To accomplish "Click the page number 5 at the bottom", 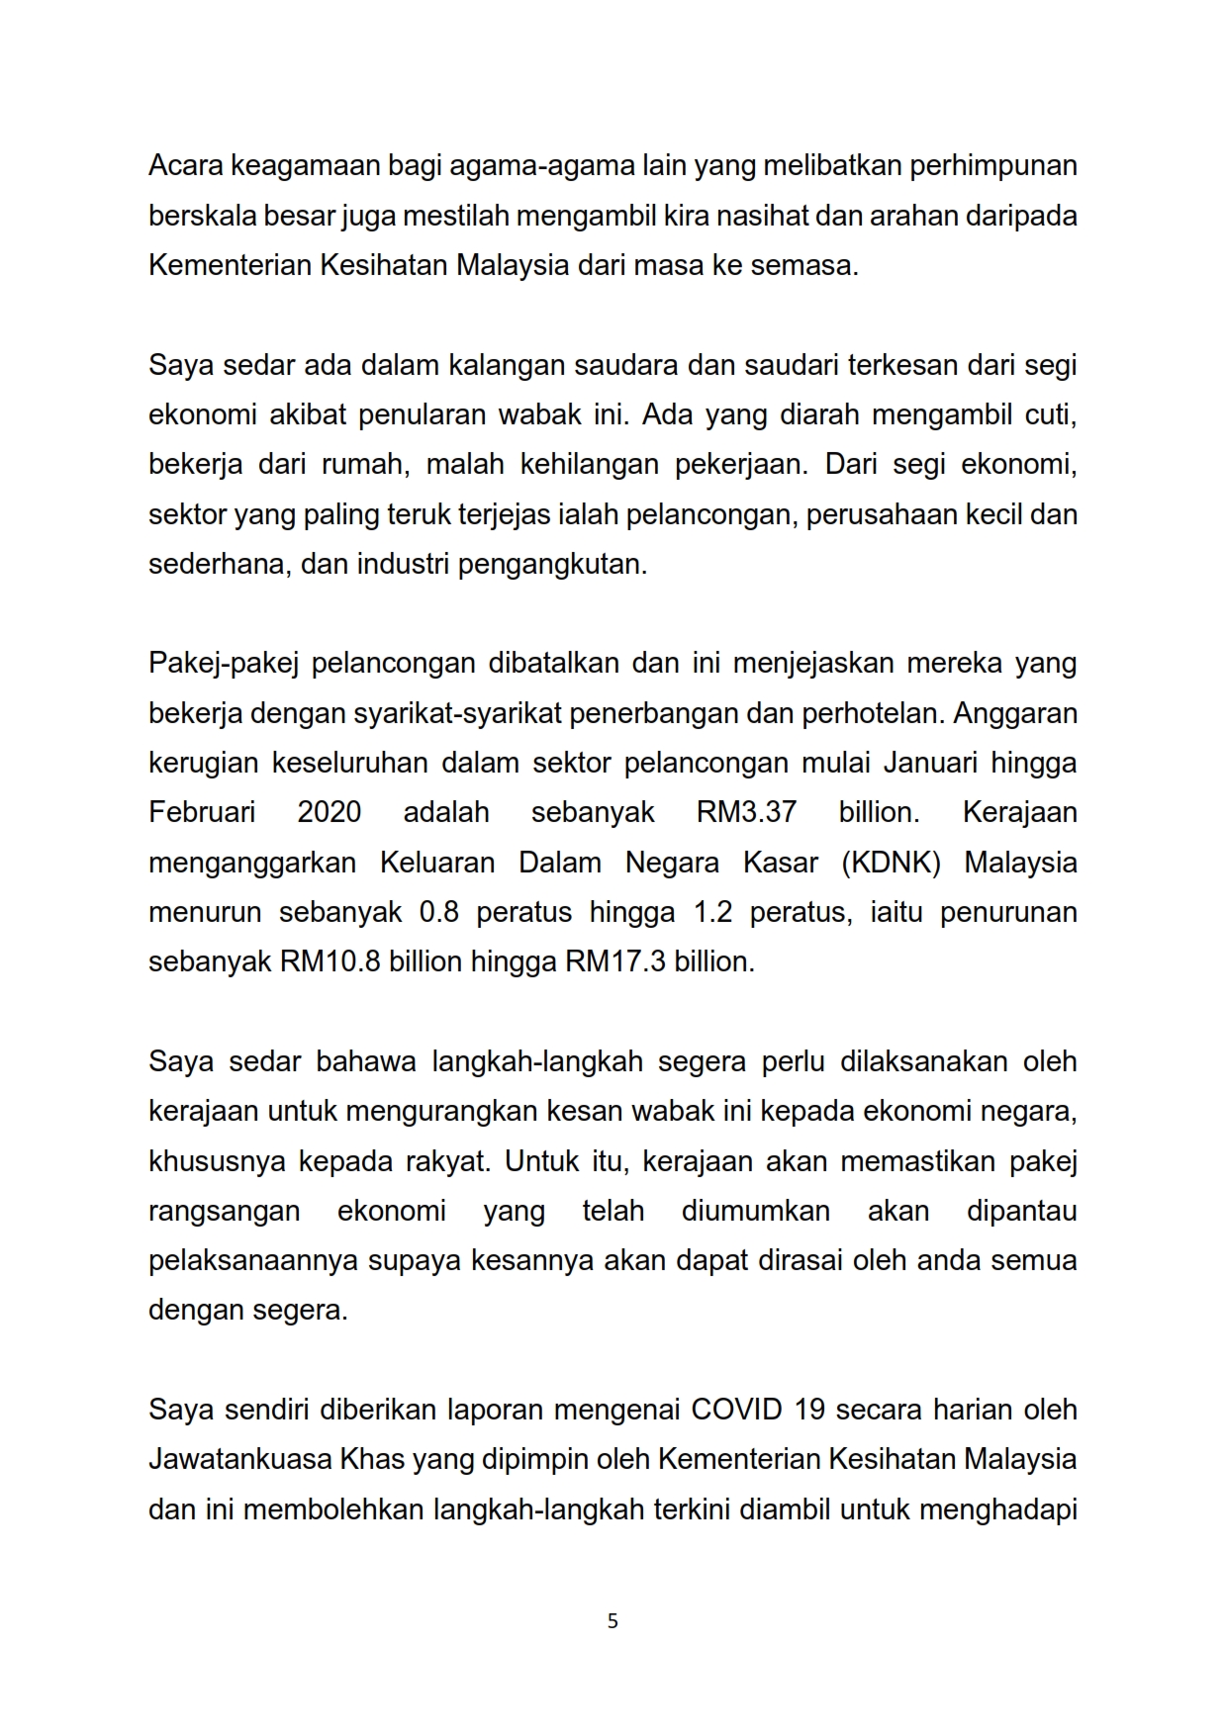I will tap(613, 1621).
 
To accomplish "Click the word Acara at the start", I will tap(185, 165).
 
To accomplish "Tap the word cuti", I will tap(1050, 414).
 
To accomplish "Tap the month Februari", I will tap(202, 812).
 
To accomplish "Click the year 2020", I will tap(329, 812).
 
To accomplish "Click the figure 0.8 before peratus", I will tap(439, 912).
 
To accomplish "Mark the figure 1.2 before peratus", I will tap(712, 912).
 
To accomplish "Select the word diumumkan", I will tap(755, 1211).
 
